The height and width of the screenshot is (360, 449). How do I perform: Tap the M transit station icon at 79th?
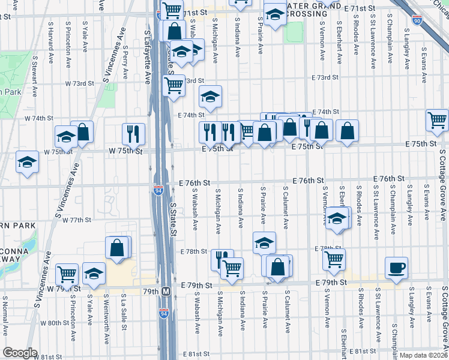click(167, 292)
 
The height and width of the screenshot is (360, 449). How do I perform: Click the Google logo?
click(20, 353)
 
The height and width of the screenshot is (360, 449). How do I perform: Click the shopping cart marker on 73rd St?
click(173, 85)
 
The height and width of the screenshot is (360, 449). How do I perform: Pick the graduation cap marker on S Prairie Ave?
click(264, 243)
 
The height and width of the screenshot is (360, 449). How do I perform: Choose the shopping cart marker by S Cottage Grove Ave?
click(438, 119)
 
